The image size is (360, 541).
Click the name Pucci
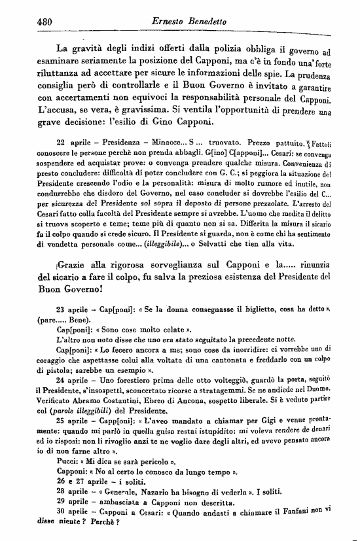(67, 478)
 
